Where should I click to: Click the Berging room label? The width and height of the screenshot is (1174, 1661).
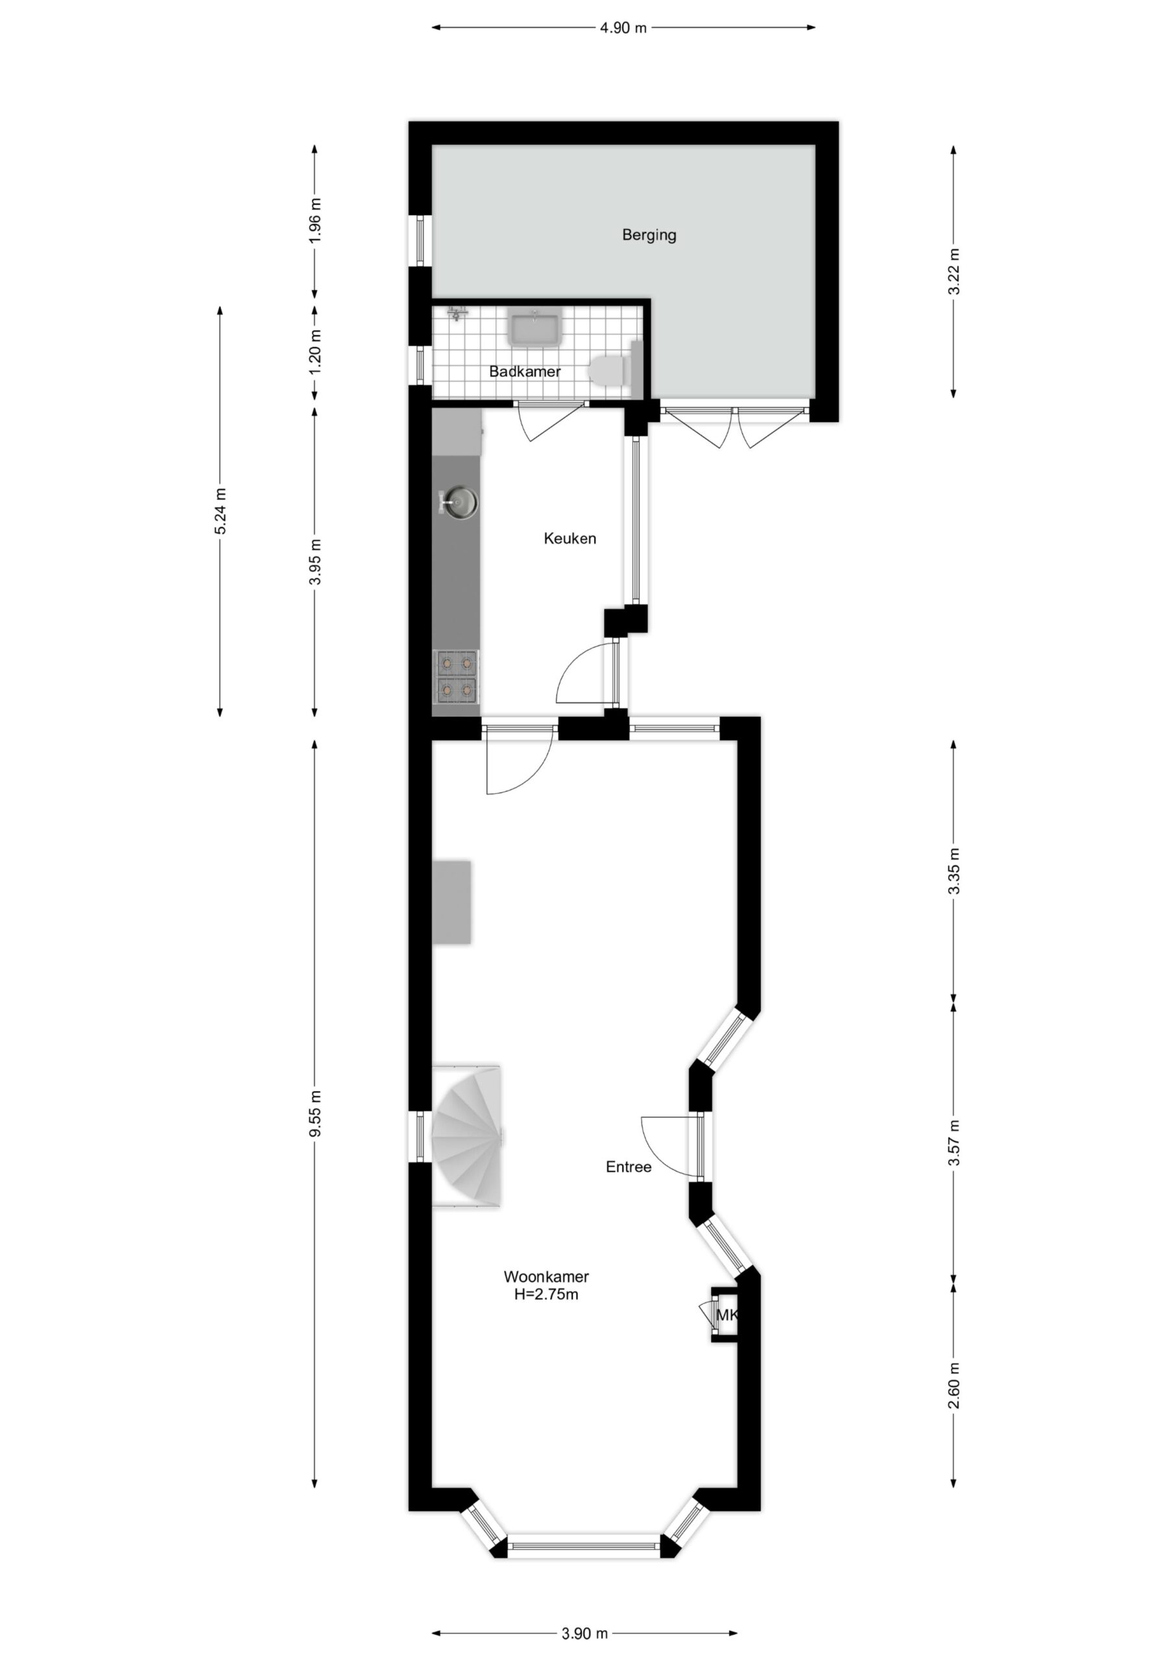649,235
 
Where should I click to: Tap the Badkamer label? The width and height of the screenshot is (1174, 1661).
525,372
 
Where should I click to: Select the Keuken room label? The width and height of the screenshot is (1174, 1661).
570,539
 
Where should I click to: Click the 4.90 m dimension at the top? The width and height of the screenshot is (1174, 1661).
623,28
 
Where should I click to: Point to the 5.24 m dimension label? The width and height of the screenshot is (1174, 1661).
221,511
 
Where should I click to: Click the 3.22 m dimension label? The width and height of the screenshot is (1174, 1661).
954,271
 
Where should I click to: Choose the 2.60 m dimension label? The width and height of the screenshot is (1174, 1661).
954,1385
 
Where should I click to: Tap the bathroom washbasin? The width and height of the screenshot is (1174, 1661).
534,329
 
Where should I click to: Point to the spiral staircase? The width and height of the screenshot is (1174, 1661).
466,1135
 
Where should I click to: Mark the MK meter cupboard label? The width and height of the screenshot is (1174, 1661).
726,1315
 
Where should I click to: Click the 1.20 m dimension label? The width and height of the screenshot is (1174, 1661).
315,352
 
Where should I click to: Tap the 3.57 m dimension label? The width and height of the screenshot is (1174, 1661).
954,1143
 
